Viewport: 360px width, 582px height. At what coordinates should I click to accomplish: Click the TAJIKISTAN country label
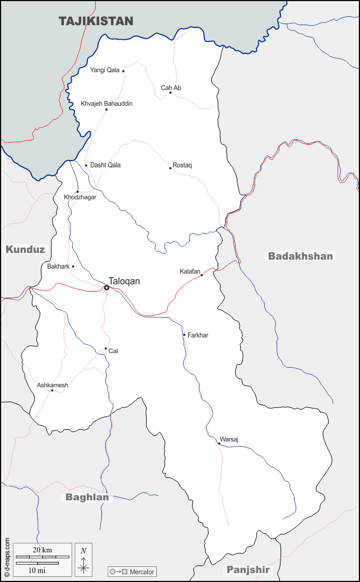tap(96, 21)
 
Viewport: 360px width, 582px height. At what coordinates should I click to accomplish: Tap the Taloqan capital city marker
tap(106, 288)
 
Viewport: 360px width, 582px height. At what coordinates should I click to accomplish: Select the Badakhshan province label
tap(301, 256)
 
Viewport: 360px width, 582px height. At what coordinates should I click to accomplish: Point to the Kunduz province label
tap(25, 250)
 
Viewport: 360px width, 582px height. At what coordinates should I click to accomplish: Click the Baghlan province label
tap(87, 497)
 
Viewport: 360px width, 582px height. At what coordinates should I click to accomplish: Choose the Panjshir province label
tap(248, 570)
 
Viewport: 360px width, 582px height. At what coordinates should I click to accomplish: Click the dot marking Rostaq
tap(170, 168)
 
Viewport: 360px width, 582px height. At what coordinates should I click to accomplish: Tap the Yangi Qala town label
tap(105, 71)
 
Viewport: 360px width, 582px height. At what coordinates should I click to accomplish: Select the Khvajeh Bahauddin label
tap(106, 104)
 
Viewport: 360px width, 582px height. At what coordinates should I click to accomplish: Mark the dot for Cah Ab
tap(171, 92)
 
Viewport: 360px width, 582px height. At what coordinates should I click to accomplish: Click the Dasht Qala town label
tap(105, 165)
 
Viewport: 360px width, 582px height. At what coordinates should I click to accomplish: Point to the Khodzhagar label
tap(80, 198)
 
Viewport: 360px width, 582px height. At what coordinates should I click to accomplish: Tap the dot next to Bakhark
tap(73, 266)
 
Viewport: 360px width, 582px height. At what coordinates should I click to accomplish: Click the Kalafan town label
tap(190, 271)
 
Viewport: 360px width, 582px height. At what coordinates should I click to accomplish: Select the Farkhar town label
tap(198, 335)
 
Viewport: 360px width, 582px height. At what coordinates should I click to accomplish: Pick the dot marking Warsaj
tap(219, 443)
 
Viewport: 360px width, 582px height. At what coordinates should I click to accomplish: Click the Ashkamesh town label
tap(53, 385)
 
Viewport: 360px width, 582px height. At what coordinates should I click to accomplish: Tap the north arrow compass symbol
tap(83, 560)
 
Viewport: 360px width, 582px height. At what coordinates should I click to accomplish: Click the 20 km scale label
tap(43, 550)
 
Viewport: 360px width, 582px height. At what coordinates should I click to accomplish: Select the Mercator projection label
tap(142, 572)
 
